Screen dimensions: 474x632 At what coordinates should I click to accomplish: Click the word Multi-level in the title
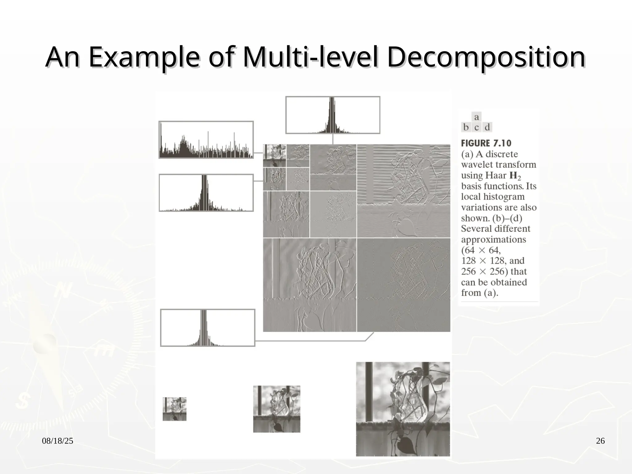[310, 57]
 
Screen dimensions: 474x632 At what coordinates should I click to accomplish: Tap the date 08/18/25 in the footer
[57, 441]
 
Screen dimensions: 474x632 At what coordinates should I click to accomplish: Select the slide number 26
[600, 441]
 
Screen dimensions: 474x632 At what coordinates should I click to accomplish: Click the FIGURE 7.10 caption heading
[486, 143]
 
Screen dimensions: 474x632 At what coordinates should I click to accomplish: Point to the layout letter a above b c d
[476, 117]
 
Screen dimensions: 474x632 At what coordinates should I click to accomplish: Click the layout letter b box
[466, 127]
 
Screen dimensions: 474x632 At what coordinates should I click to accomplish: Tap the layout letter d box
[487, 127]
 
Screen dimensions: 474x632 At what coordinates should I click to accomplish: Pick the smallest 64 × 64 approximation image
[174, 409]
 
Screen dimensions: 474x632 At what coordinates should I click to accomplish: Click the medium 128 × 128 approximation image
[276, 409]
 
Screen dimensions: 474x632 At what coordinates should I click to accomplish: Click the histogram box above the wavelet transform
[333, 115]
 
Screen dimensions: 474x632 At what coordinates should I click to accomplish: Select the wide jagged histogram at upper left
[206, 140]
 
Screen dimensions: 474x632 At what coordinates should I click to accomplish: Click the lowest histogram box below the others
[208, 328]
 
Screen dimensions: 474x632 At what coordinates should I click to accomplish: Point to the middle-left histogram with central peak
[206, 193]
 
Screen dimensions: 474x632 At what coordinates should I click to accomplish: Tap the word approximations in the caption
[493, 239]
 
